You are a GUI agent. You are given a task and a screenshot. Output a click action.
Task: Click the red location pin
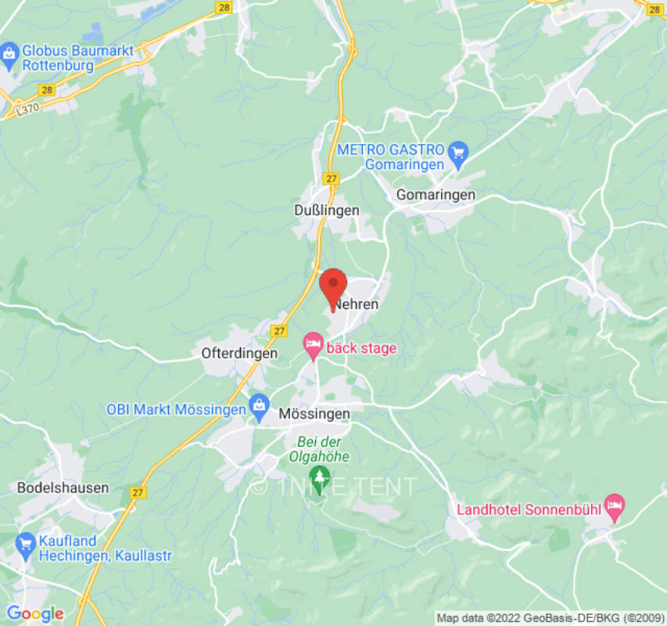click(335, 286)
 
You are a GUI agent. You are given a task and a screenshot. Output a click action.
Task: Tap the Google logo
click(34, 614)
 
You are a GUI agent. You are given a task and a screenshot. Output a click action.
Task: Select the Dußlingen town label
click(327, 210)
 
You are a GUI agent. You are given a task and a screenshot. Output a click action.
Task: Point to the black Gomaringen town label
click(436, 194)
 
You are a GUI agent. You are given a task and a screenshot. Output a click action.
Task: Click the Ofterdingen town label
click(239, 353)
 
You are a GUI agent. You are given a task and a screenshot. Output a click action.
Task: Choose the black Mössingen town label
click(315, 413)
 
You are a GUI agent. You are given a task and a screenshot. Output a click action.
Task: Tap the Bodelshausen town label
click(63, 487)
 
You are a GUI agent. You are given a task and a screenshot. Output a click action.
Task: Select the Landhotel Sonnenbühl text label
click(529, 509)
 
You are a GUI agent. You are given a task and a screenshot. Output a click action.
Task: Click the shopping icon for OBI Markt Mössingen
click(259, 406)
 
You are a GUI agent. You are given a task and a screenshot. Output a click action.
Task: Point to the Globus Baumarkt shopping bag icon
click(9, 54)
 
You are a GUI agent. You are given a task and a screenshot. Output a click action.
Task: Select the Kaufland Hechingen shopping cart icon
click(26, 541)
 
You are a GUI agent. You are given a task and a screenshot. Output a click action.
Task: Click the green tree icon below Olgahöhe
click(318, 475)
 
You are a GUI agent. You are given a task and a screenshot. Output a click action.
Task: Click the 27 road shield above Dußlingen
click(332, 178)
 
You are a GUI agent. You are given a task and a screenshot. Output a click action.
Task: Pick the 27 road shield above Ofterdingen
click(279, 331)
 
